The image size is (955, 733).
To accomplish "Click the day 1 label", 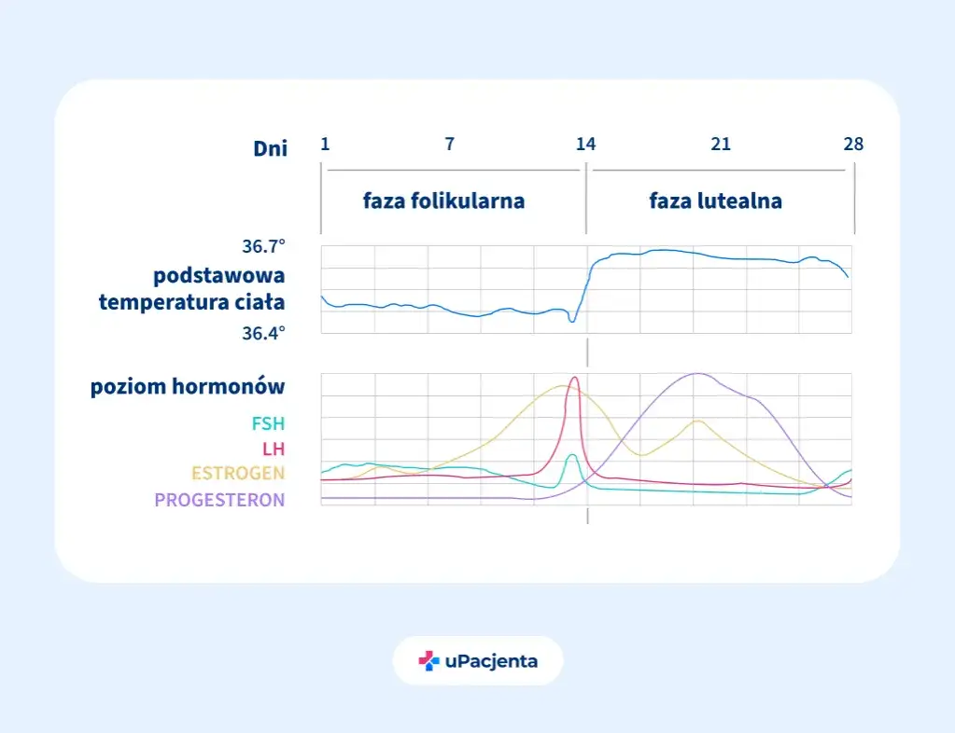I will click(325, 144).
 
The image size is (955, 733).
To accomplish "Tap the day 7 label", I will click(450, 144).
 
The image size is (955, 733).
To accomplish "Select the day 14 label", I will click(585, 144).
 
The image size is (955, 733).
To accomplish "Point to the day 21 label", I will click(720, 144).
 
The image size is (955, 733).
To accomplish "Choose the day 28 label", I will click(853, 144).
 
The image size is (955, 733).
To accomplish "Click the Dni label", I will click(271, 147).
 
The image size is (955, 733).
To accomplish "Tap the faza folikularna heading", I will click(443, 201).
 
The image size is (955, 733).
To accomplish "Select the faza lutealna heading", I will click(715, 201).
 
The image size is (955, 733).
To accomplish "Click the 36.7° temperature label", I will click(263, 247).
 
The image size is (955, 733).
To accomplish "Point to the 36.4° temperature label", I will click(263, 333).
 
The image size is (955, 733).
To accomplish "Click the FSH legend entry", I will click(268, 423).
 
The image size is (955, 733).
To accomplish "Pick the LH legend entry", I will click(274, 449).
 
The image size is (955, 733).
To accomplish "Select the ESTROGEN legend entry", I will click(238, 474).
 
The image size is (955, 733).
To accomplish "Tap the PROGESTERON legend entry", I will click(219, 500).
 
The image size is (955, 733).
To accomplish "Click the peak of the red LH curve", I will click(574, 378).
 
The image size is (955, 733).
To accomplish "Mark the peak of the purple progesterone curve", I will click(696, 374).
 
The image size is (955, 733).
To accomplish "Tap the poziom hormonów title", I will click(188, 387).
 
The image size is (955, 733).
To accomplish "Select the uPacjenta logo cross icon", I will click(428, 661).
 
